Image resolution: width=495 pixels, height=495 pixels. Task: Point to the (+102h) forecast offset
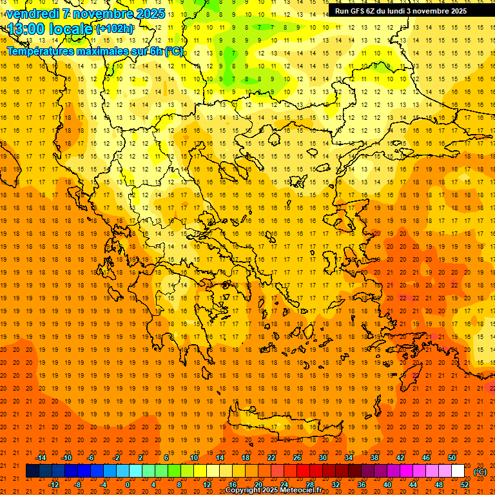click(x=115, y=29)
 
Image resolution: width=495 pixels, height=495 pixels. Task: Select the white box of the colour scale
click(x=458, y=471)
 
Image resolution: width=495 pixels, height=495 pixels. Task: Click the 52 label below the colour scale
click(x=465, y=485)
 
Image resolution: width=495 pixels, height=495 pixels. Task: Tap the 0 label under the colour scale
click(x=128, y=485)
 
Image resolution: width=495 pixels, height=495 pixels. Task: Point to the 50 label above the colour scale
click(x=452, y=458)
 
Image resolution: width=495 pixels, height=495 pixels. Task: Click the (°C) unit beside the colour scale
click(x=480, y=471)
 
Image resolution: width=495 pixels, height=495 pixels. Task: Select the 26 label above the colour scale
click(x=297, y=458)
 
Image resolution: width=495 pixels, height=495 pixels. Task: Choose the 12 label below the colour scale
click(x=207, y=485)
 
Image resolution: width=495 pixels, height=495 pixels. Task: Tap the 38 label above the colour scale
click(x=374, y=458)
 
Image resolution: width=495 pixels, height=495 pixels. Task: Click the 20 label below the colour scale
click(x=258, y=485)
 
